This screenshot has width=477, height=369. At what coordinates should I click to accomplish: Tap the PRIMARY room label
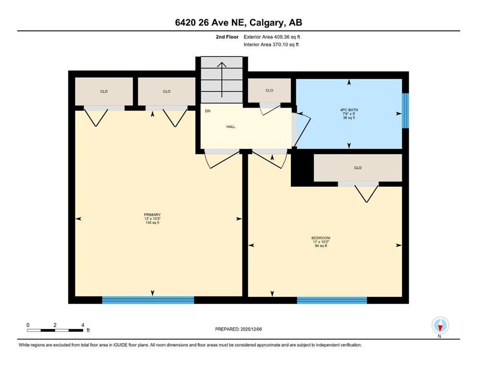click(152, 215)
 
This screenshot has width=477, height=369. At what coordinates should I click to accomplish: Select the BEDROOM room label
click(320, 238)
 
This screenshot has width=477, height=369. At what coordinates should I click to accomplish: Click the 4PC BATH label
click(349, 110)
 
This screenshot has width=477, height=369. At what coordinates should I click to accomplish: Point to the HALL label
click(231, 127)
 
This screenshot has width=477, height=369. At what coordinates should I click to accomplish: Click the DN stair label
click(208, 111)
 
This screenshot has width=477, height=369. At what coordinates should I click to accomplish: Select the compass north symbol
click(440, 326)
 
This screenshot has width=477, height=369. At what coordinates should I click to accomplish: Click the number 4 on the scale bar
click(83, 325)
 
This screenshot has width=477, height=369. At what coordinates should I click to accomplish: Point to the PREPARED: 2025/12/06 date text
click(239, 329)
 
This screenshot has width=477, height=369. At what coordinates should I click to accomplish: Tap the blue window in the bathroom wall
click(405, 111)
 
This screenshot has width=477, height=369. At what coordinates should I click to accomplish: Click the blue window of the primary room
click(148, 300)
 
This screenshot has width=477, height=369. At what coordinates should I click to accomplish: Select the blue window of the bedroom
click(332, 300)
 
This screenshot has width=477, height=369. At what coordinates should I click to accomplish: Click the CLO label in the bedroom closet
click(357, 168)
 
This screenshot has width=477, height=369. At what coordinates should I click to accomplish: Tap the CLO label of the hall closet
click(269, 90)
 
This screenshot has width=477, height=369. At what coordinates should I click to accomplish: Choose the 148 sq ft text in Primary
click(152, 223)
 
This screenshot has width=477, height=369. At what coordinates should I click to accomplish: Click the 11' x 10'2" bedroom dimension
click(320, 242)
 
